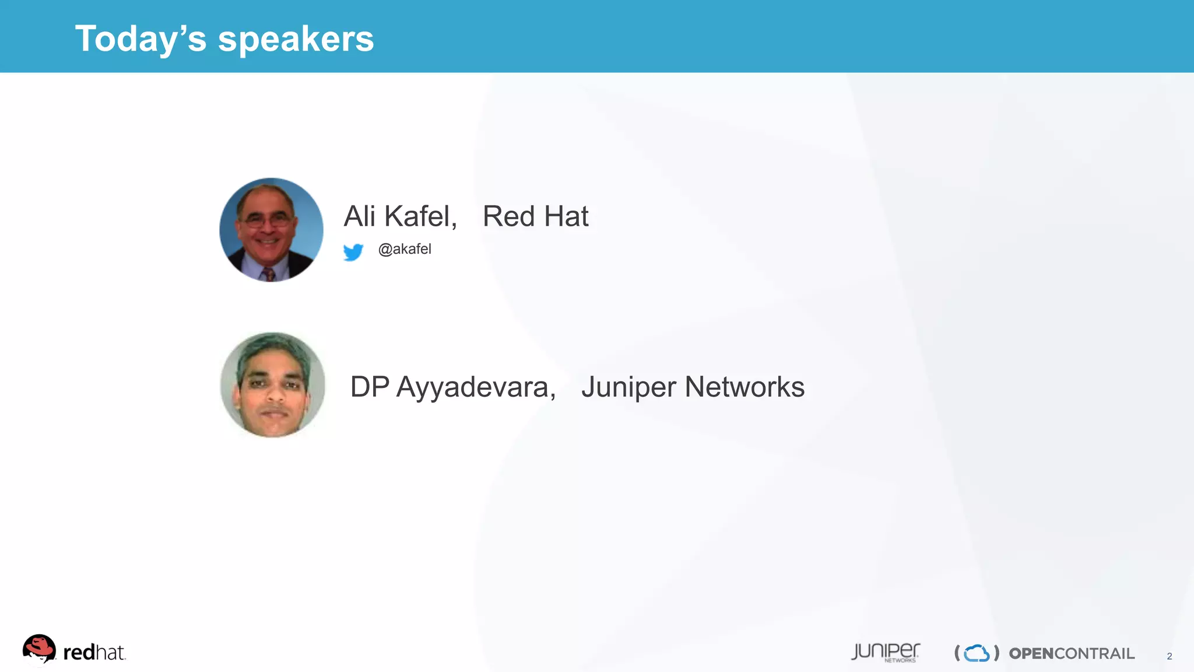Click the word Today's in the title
[141, 39]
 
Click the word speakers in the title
[296, 39]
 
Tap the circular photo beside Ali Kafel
[271, 230]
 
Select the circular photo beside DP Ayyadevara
[272, 384]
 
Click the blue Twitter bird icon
[353, 252]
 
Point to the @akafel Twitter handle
[405, 249]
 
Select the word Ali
[359, 216]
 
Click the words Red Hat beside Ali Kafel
[535, 216]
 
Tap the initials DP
[370, 387]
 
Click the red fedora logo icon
[39, 649]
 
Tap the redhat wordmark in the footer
[94, 653]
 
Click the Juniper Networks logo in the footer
[885, 652]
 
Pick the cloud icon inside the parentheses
[977, 653]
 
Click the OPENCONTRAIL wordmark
[1072, 653]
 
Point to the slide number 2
[1169, 656]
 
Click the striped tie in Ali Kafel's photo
[269, 274]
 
